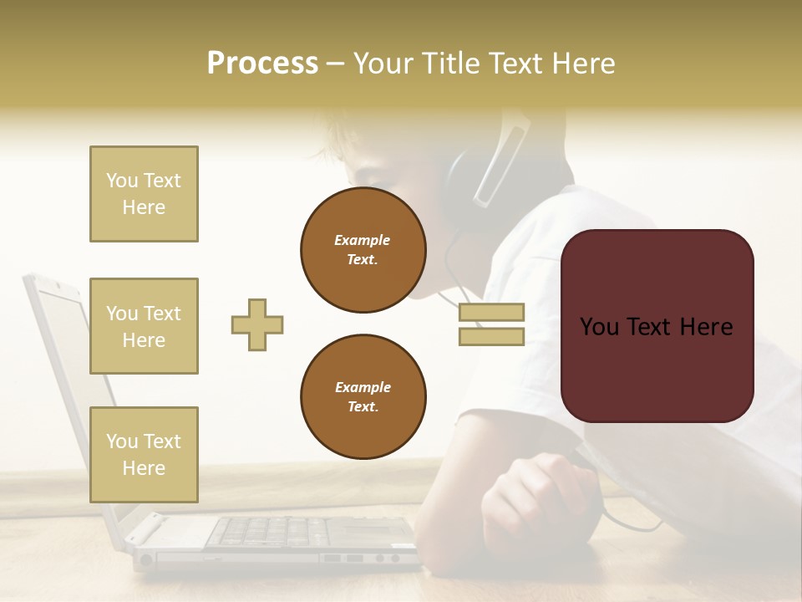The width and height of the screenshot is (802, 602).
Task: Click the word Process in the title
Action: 262,64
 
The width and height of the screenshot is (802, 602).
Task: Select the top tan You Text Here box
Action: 144,194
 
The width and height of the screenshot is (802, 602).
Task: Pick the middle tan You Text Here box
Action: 144,326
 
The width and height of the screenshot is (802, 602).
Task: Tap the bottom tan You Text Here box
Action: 144,454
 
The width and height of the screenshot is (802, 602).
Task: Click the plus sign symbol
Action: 257,324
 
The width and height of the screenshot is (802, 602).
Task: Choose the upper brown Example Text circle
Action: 363,250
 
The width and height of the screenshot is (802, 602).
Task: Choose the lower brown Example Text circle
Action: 363,397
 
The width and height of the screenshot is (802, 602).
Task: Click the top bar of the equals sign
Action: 491,313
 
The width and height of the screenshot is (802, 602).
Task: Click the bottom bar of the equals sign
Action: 491,336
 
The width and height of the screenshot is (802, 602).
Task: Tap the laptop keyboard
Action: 276,530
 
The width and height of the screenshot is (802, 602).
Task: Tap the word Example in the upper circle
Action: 362,240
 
